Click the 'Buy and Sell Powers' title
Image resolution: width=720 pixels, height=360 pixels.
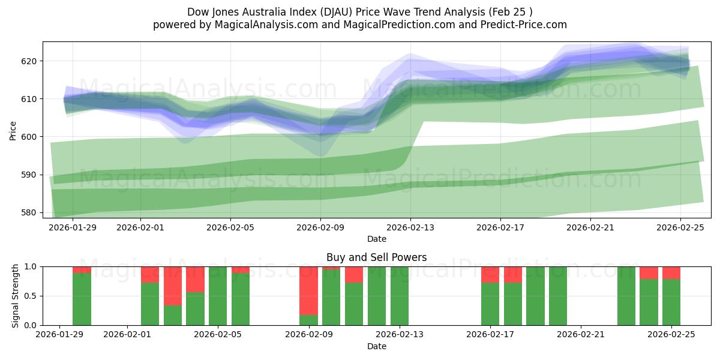coord(376,257)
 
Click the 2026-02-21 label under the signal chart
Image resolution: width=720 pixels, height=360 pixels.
coord(581,335)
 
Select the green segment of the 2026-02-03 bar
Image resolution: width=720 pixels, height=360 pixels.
coord(173,315)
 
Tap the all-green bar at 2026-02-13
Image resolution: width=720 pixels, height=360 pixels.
coord(400,296)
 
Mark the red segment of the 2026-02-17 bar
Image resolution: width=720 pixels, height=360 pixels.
coord(490,274)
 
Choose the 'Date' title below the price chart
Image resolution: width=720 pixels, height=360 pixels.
coord(376,239)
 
